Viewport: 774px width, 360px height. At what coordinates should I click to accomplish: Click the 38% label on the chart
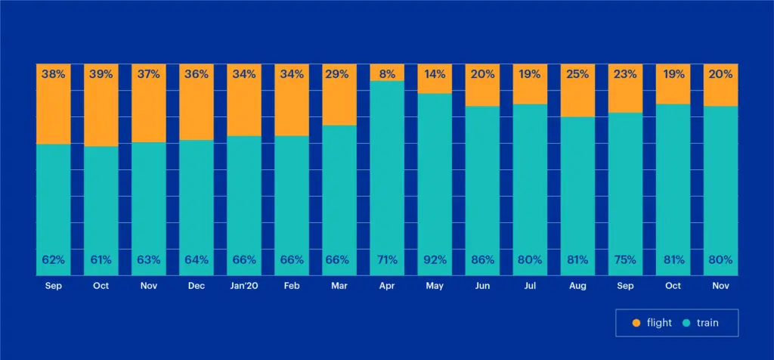click(x=54, y=74)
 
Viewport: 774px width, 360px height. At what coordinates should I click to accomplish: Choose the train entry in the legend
click(x=700, y=323)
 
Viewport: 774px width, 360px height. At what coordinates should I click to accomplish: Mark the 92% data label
click(x=435, y=260)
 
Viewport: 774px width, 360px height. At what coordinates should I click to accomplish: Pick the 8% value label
click(x=387, y=74)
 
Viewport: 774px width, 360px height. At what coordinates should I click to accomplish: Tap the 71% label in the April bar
click(x=387, y=260)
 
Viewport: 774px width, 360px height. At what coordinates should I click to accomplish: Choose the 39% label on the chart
click(x=101, y=74)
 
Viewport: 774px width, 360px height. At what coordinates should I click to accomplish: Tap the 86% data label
click(x=482, y=260)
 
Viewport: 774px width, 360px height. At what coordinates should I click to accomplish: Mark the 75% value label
click(x=625, y=260)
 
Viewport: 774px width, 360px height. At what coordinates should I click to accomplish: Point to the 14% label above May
click(x=435, y=74)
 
